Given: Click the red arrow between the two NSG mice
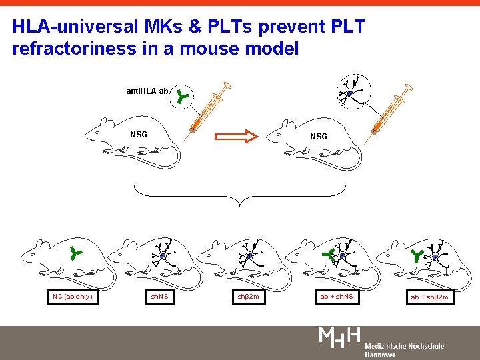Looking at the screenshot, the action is click(236, 137).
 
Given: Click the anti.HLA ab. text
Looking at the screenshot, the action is click(148, 91).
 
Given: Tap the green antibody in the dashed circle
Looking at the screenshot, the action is click(182, 98).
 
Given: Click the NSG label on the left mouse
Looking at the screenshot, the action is click(139, 135).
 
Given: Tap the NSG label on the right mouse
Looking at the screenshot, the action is click(319, 136).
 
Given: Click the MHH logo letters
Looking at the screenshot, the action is click(340, 337).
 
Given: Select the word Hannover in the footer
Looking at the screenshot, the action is click(379, 355).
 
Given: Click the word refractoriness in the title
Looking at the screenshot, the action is click(67, 48).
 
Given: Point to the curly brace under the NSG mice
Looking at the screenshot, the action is click(237, 197).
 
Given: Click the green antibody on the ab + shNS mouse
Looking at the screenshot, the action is click(327, 254).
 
